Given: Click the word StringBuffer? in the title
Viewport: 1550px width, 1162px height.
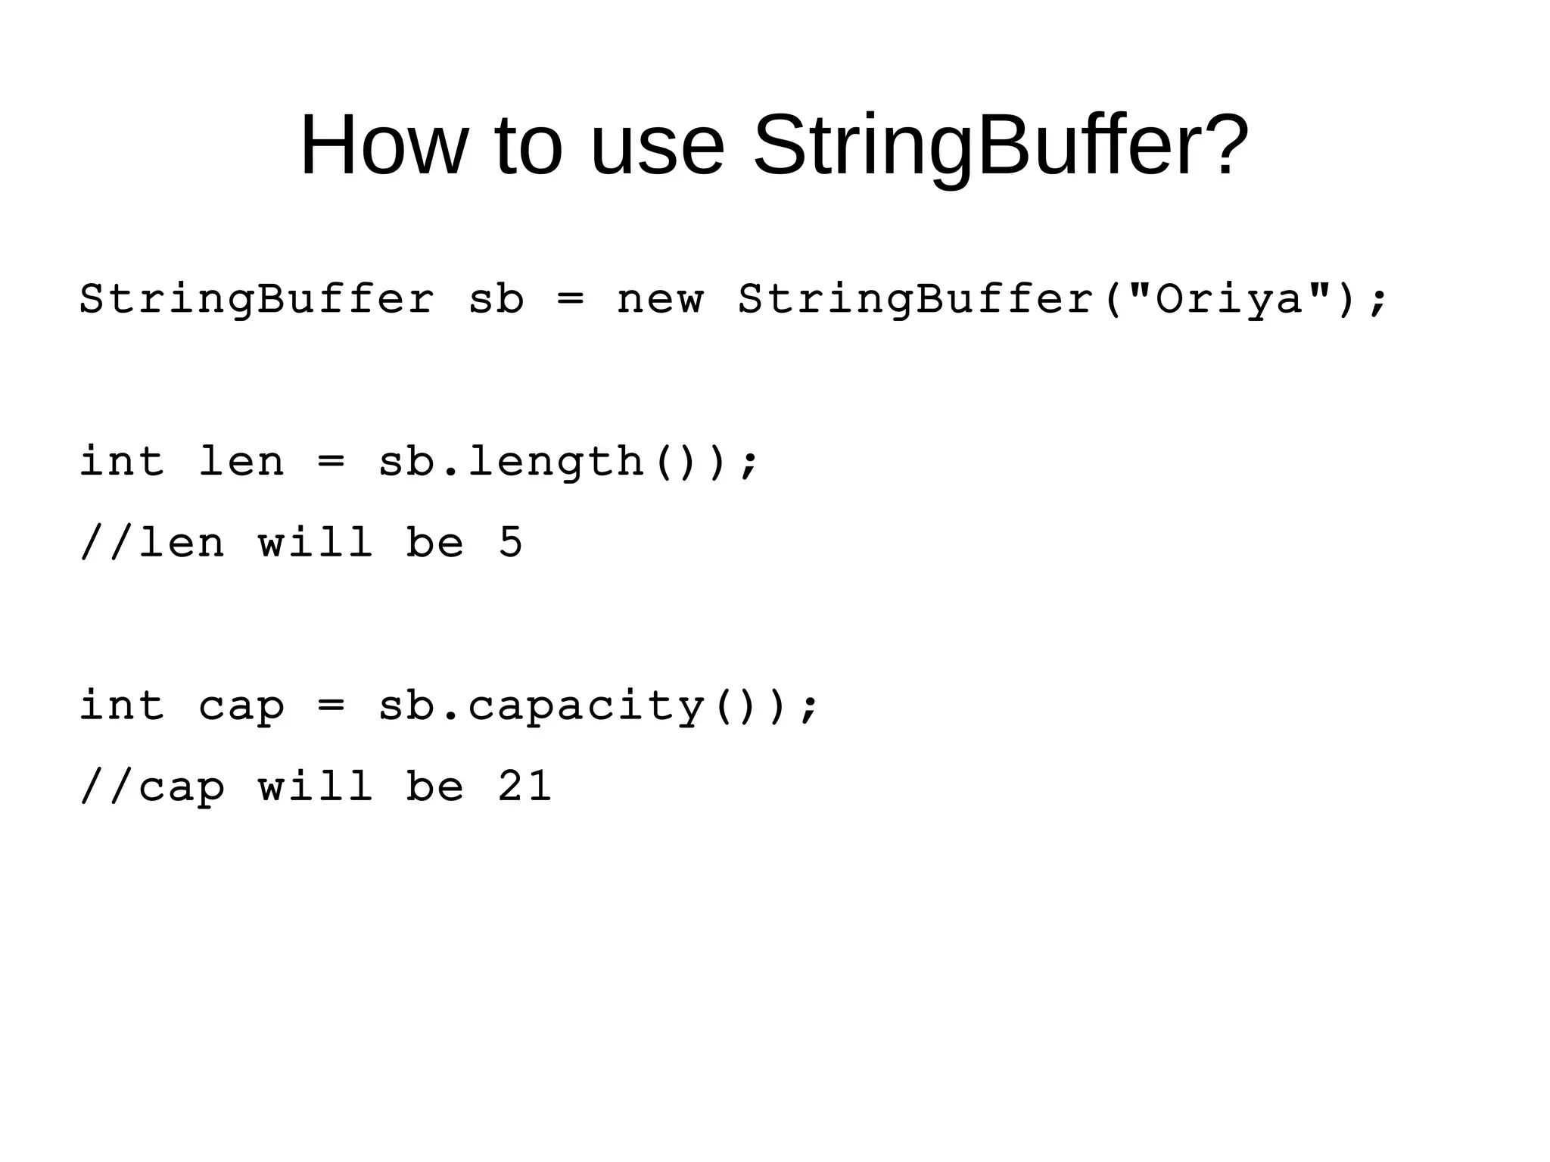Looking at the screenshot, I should [1001, 145].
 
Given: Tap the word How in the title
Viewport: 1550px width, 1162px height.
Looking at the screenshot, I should [384, 145].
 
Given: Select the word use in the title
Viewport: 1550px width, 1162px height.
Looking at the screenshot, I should [656, 145].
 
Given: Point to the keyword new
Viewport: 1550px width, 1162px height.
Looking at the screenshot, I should [660, 299].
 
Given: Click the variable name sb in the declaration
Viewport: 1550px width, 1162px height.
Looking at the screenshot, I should [496, 299].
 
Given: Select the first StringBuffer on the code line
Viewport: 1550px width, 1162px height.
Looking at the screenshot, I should [257, 299].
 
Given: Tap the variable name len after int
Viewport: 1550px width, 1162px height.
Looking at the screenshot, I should [241, 462].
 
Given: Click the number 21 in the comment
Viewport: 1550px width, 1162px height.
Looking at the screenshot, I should [524, 787].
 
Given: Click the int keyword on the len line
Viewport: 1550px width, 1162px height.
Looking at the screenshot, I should [122, 462].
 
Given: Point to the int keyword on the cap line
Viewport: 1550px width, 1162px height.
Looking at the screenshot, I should [122, 706].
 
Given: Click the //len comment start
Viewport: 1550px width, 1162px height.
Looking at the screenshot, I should [152, 543].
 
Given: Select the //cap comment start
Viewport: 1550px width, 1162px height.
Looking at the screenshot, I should [152, 787].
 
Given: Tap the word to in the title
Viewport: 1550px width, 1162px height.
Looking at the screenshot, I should [528, 145].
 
